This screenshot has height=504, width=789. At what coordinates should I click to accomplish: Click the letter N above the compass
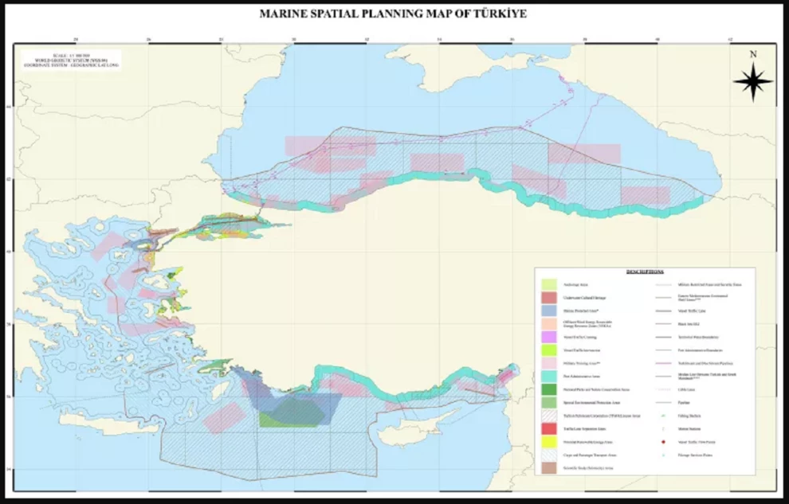753,55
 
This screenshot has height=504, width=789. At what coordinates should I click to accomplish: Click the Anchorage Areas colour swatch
548,284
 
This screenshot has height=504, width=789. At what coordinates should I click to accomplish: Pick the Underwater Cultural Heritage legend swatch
548,297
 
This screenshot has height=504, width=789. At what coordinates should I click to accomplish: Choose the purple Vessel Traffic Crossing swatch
548,337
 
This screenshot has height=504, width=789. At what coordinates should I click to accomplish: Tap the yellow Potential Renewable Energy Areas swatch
548,442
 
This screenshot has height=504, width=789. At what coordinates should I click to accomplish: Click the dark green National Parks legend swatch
548,389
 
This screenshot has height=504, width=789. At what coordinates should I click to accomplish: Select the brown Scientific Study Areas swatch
548,468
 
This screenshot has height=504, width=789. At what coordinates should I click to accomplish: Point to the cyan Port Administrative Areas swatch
548,376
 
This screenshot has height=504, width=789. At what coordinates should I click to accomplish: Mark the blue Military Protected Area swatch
548,311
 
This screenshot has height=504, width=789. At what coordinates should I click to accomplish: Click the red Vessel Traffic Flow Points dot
663,442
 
